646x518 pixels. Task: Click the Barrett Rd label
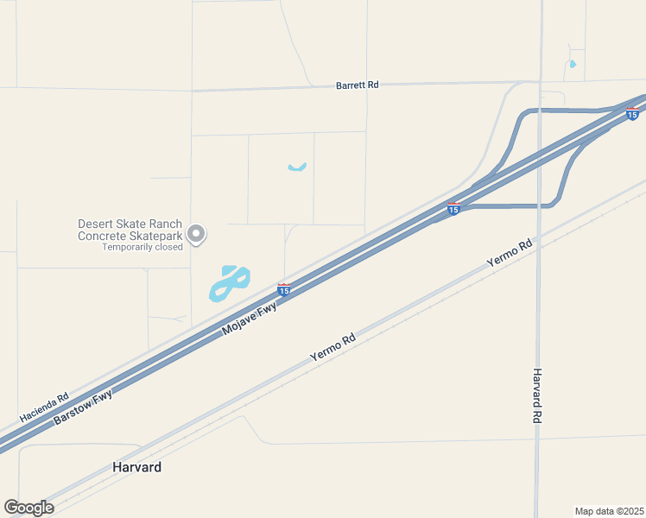click(358, 85)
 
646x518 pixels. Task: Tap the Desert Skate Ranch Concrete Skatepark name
click(130, 230)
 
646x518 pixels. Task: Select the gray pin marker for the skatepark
click(197, 233)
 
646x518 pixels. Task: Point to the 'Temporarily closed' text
click(142, 247)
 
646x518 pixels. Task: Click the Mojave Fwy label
click(249, 317)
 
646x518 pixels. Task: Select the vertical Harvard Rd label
click(536, 396)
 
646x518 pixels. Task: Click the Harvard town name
click(136, 467)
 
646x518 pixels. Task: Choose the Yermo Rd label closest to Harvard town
click(332, 347)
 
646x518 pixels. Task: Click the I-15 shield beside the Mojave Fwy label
click(283, 288)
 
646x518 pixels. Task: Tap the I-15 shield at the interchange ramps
click(453, 209)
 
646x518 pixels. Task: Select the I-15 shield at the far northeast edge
click(632, 113)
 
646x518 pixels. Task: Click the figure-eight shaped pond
click(230, 282)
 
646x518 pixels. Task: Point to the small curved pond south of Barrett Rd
click(297, 167)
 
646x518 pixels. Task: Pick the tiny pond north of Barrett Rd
click(572, 63)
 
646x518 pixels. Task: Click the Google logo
click(29, 507)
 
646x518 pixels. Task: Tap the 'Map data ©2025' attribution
click(609, 511)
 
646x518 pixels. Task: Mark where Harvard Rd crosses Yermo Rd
click(538, 236)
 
